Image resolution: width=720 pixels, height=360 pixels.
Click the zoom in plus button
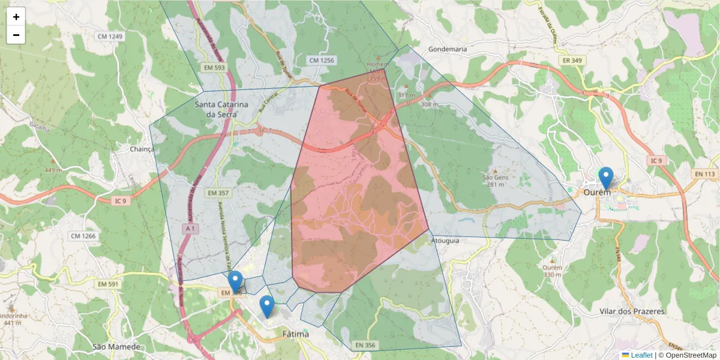16,17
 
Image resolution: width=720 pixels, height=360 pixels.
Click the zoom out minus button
16,35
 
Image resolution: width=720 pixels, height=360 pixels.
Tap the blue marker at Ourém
606,178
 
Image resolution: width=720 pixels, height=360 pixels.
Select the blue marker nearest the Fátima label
266,307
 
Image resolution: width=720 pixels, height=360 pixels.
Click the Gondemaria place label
448,49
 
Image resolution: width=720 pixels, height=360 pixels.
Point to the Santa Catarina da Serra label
221,109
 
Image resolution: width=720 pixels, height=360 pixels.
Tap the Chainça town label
142,149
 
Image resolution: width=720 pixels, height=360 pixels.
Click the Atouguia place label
445,241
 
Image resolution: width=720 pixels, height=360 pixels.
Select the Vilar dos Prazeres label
632,311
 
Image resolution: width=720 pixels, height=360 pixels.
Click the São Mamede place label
116,347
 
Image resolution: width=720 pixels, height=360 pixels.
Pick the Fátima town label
295,334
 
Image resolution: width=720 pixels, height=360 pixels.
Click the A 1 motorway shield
190,229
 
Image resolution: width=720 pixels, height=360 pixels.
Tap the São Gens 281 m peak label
495,181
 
